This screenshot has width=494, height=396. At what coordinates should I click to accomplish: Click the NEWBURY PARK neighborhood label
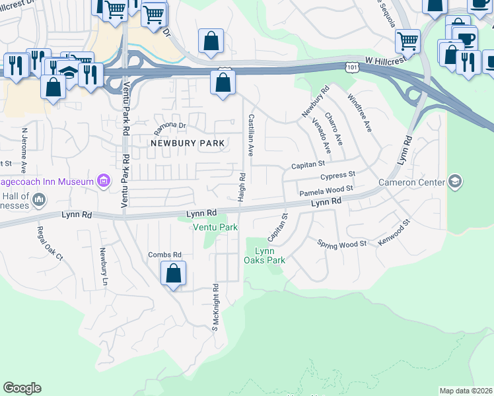point(188,143)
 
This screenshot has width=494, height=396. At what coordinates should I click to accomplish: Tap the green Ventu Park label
point(215,227)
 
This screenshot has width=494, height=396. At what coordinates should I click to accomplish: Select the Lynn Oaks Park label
point(265,255)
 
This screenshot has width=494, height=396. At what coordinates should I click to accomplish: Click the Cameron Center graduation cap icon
point(454,181)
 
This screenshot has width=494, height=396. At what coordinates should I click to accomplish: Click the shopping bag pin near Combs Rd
point(173,273)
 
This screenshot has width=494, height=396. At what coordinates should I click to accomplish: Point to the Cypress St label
point(337,176)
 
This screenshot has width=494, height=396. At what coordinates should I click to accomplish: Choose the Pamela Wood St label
point(327,191)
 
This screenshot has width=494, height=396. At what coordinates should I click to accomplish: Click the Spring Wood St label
point(341,244)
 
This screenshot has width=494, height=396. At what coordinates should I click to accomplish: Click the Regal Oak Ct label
point(50,243)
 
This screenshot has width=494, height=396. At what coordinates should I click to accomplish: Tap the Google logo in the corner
point(22,388)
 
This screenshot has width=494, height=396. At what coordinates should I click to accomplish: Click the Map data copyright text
point(466,391)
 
